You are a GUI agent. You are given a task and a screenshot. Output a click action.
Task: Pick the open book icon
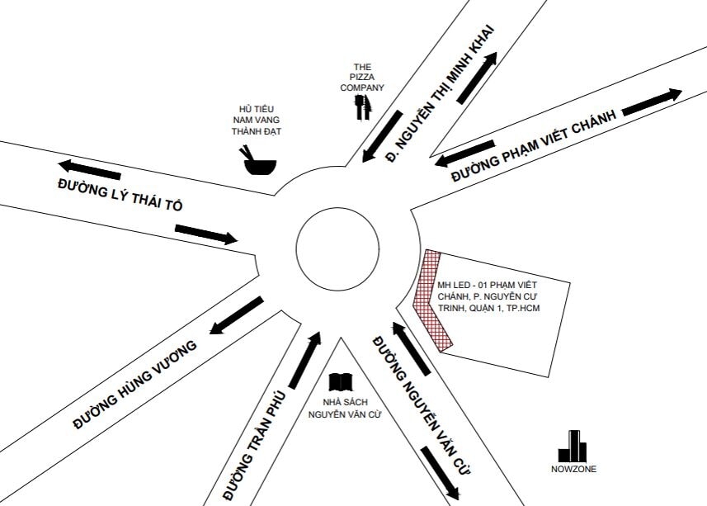coord(341,382)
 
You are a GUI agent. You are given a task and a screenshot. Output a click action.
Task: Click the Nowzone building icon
coord(573,447)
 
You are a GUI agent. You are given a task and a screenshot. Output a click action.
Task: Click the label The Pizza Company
coord(362,77)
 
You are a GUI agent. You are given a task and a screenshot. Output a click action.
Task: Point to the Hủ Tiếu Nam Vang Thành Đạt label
coord(256,121)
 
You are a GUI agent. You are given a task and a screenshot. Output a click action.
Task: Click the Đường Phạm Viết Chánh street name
coord(533,147)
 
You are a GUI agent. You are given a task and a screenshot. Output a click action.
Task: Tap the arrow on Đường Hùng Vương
coord(236,315)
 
